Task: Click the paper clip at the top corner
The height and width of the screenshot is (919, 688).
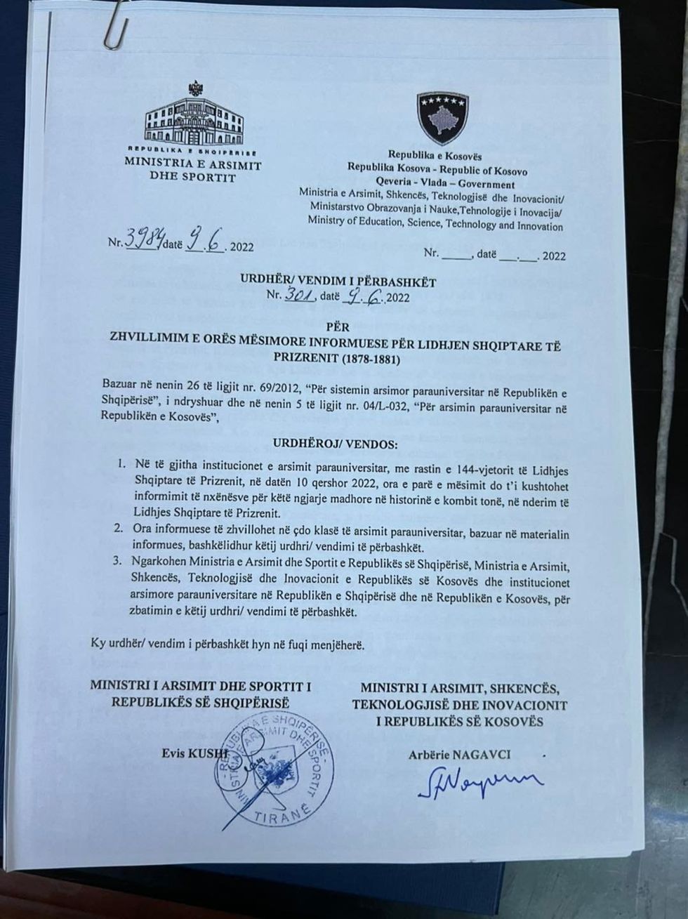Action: pos(117,25)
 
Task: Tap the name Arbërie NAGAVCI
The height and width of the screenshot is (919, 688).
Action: pos(459,755)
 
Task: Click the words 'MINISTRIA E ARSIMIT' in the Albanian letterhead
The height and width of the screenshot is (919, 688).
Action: pos(192,166)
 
